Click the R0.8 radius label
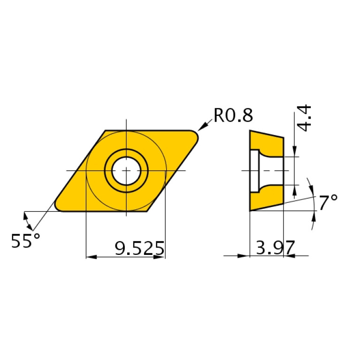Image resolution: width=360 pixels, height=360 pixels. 233,115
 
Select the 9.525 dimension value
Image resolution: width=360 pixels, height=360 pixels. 140,248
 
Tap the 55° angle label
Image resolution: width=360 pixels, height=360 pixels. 25,241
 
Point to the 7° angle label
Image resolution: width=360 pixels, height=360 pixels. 329,203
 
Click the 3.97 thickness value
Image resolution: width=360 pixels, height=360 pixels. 275,247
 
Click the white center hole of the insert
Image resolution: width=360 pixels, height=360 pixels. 126,170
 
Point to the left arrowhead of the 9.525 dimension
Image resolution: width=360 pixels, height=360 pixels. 91,257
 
